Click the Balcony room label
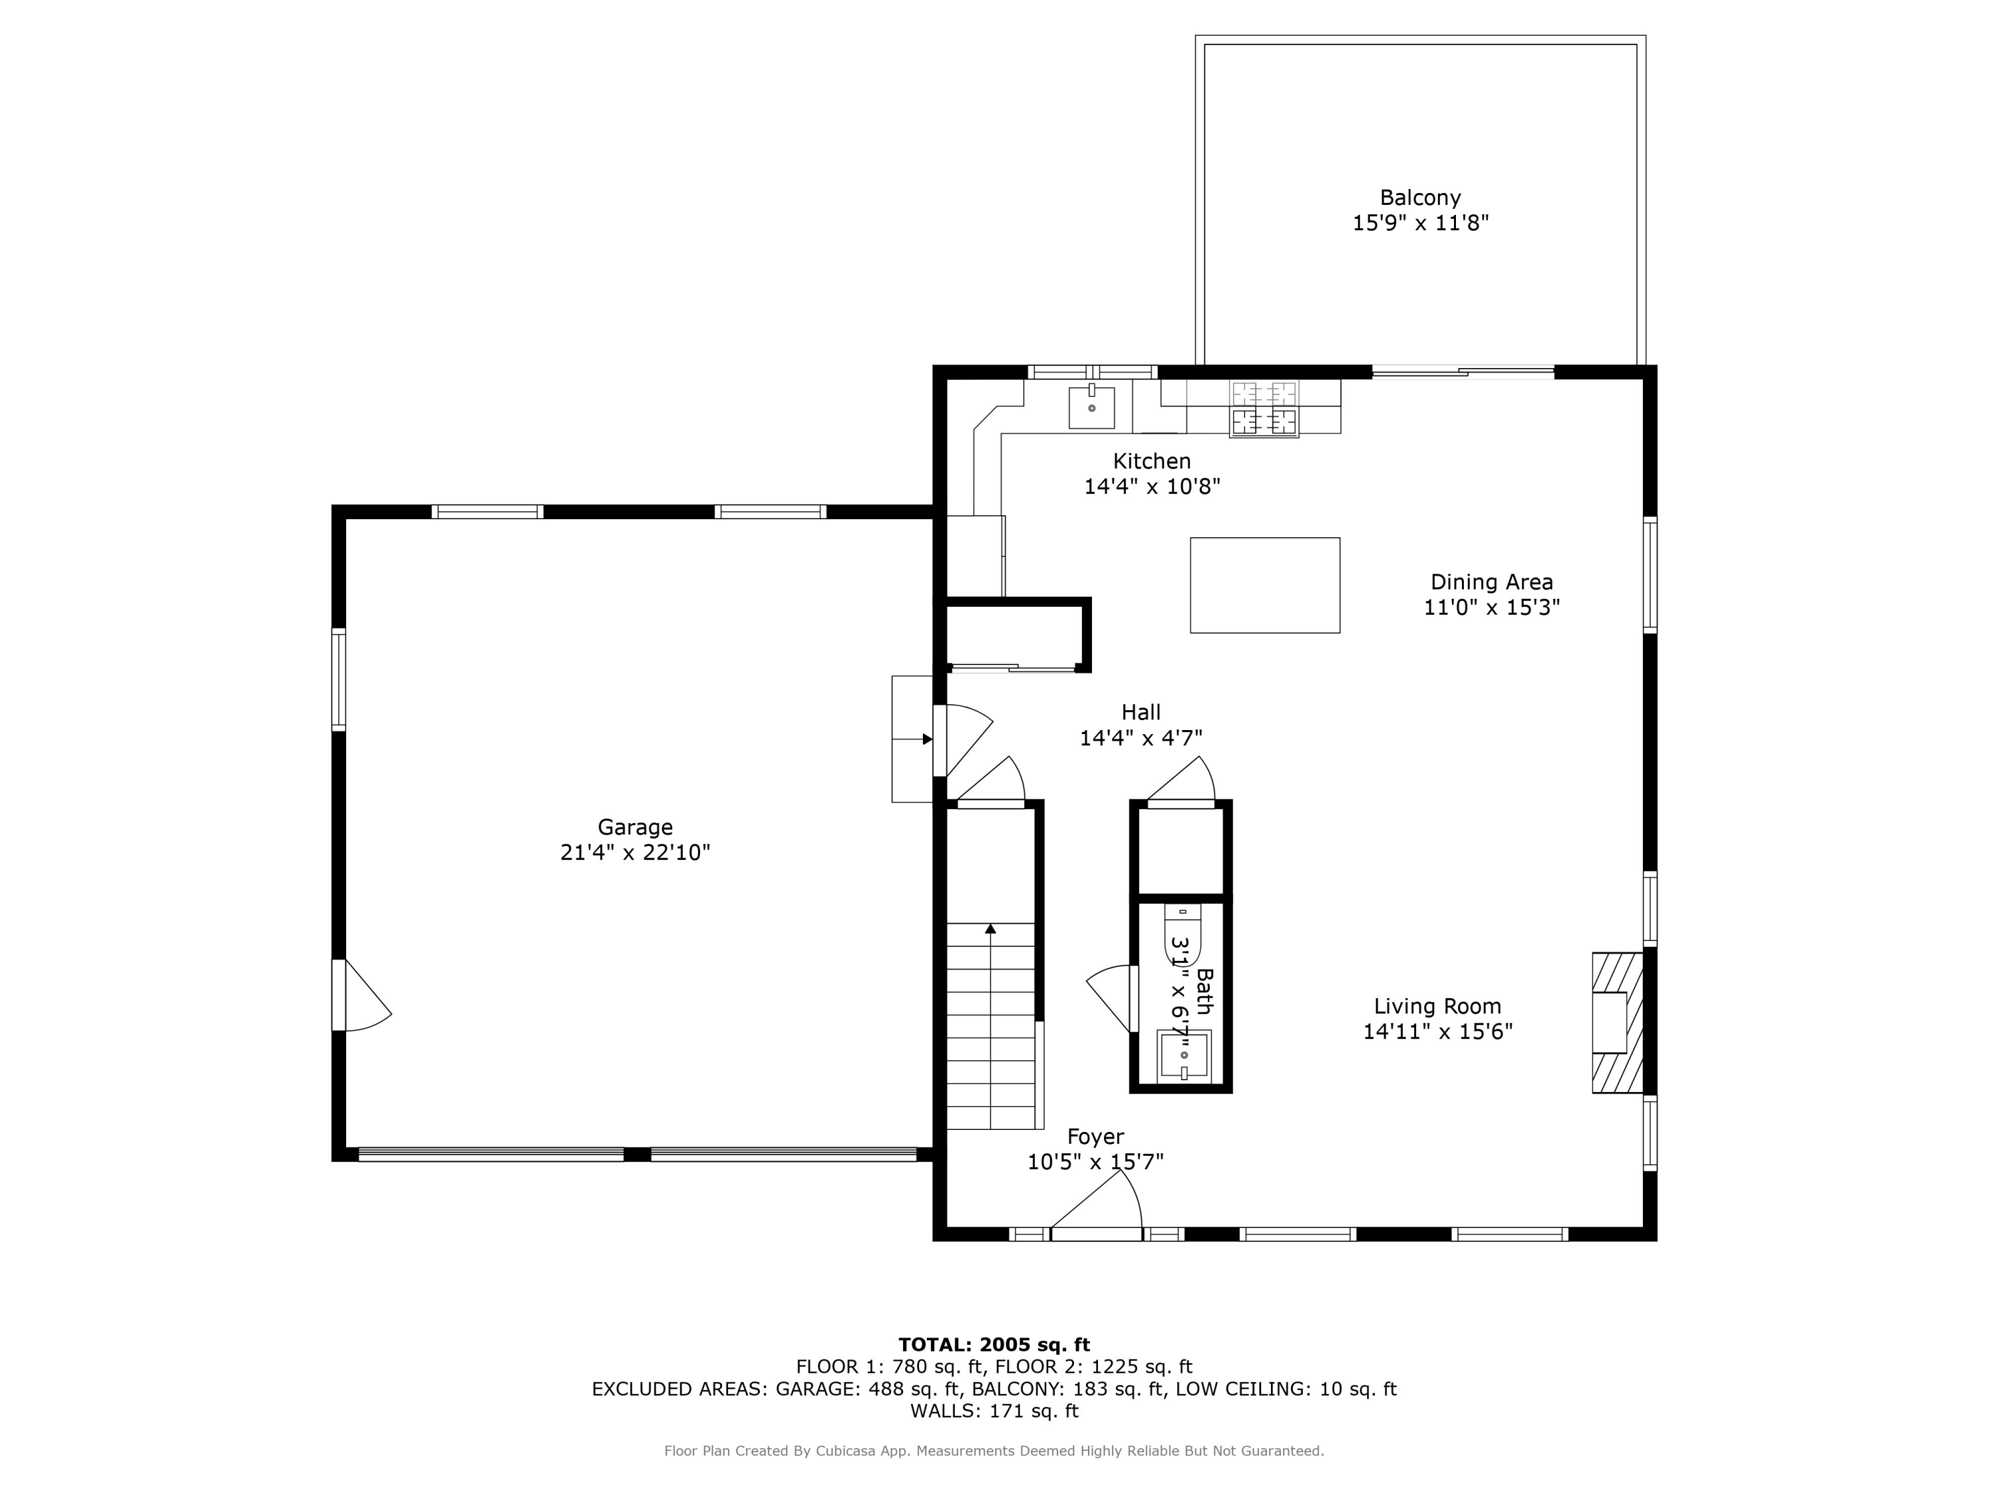[1420, 198]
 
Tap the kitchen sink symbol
[1091, 407]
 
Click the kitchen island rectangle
[1264, 585]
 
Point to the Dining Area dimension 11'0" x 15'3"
[1491, 607]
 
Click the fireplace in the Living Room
[1616, 1023]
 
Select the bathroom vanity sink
[1183, 1054]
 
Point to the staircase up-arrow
[990, 929]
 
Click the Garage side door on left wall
[363, 995]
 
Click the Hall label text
[1140, 712]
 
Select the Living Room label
[1437, 1007]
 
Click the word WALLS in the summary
[941, 1411]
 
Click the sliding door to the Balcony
[1462, 371]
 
